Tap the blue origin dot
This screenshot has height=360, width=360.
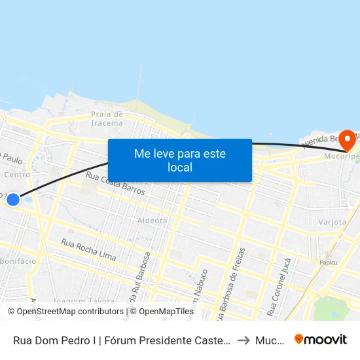[x=13, y=198]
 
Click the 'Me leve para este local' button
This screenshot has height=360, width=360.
[x=179, y=160]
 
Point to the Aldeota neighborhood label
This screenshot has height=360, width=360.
[x=152, y=221]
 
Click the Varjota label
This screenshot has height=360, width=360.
[x=333, y=222]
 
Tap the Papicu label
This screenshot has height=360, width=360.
[x=328, y=262]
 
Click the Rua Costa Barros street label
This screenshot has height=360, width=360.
[x=115, y=186]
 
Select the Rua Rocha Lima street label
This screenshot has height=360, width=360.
[x=89, y=251]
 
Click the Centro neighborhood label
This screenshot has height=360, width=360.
[x=17, y=175]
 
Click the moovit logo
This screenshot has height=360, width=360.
[x=320, y=339]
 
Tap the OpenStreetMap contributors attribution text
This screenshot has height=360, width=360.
[x=68, y=312]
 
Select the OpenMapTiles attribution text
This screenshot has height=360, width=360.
[x=163, y=312]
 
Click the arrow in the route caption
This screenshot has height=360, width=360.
[x=243, y=340]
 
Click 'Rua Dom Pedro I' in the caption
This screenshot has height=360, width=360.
[x=52, y=340]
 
